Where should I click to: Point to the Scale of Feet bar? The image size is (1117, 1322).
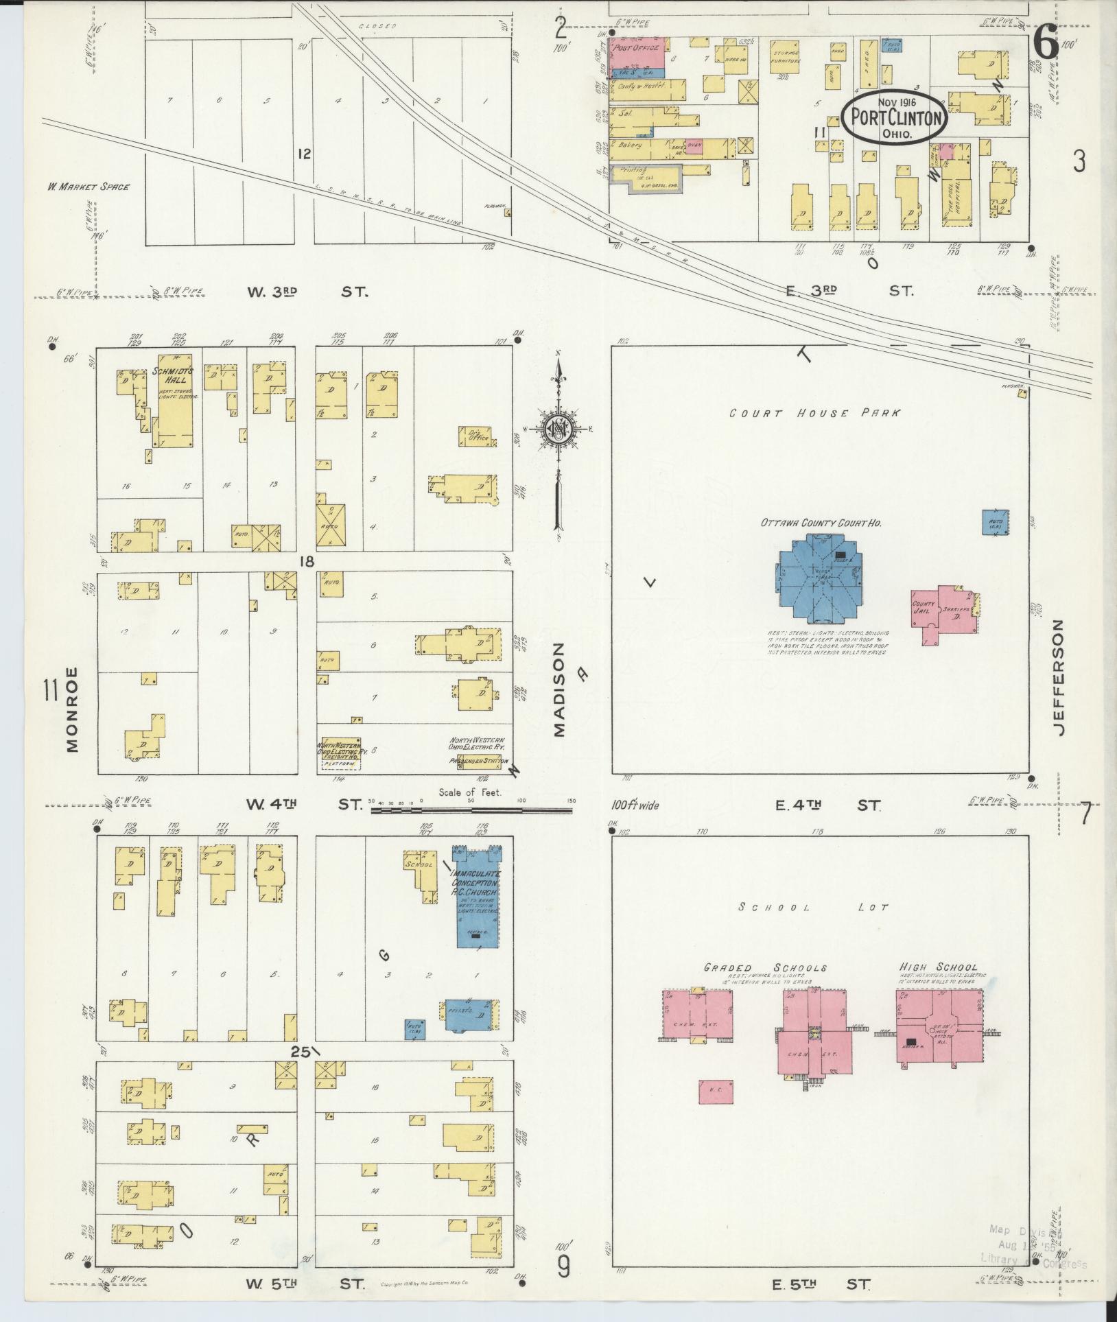click(x=471, y=810)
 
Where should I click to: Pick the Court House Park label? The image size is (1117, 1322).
click(x=814, y=414)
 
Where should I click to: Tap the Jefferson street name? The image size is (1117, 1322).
click(x=1057, y=677)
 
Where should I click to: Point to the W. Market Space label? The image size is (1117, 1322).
click(x=88, y=187)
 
